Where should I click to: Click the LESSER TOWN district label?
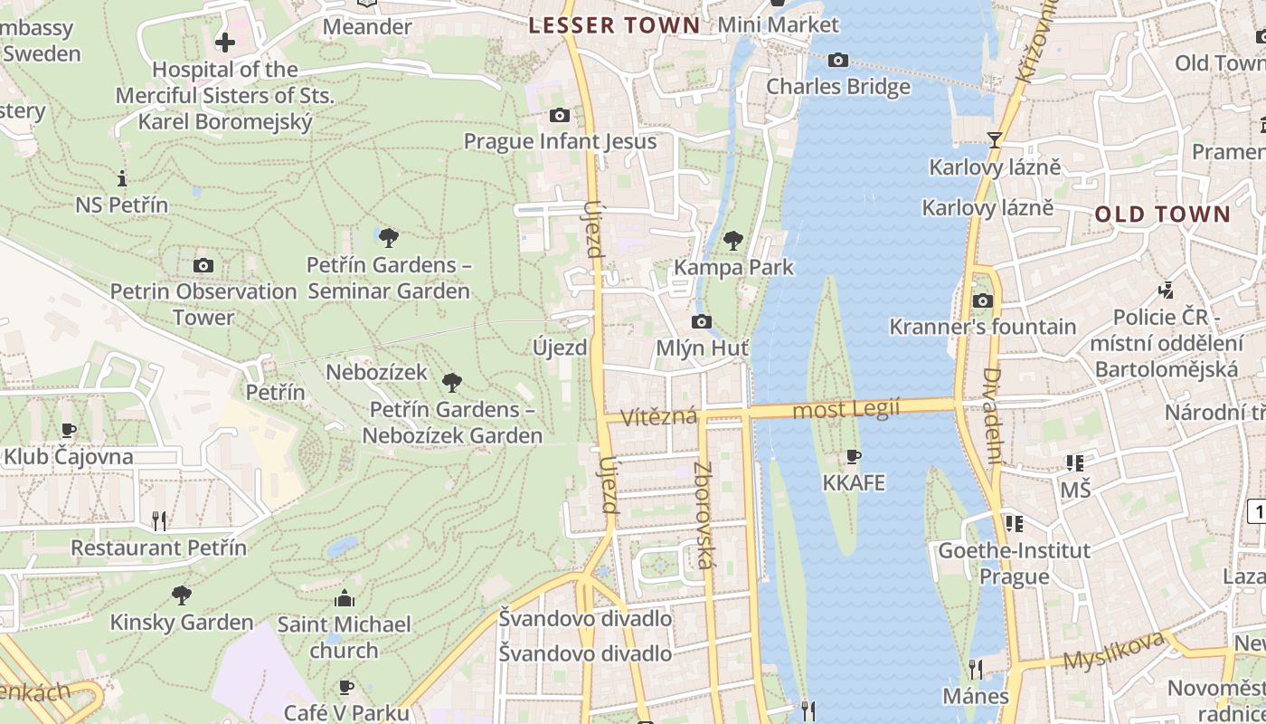[614, 25]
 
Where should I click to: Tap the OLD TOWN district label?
[1163, 214]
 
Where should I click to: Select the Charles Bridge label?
[838, 87]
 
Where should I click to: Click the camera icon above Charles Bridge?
[838, 61]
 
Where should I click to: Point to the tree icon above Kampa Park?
[733, 241]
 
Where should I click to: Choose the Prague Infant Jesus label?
[560, 141]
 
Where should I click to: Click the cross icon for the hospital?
[225, 42]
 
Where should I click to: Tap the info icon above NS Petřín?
[122, 178]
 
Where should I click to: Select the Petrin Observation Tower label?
[203, 304]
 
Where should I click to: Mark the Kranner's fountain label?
[983, 327]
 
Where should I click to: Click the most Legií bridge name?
[846, 409]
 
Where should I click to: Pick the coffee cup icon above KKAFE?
[853, 456]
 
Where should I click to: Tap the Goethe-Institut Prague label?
[1014, 563]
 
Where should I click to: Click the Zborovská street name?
[704, 516]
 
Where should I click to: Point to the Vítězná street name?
[658, 416]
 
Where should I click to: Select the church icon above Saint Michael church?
[344, 598]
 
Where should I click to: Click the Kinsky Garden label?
[182, 622]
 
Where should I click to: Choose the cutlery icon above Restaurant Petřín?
[159, 520]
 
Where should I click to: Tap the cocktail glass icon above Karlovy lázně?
[995, 140]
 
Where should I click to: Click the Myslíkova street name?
[1113, 652]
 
